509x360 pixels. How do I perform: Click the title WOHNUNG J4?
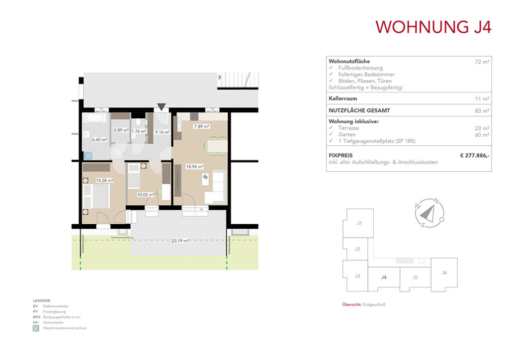(x=433, y=27)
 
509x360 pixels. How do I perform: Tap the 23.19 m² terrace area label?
(x=179, y=241)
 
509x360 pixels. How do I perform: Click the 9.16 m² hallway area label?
(x=163, y=132)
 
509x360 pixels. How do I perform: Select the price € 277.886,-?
(x=475, y=156)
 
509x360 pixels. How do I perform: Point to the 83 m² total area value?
(x=482, y=111)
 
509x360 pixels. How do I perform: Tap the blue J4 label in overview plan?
(x=383, y=277)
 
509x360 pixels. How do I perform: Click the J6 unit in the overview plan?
(x=444, y=272)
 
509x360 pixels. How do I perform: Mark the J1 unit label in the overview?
(x=359, y=223)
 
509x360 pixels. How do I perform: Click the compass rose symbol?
(x=427, y=213)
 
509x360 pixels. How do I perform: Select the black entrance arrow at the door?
(x=161, y=106)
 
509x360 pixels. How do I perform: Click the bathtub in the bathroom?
(x=94, y=120)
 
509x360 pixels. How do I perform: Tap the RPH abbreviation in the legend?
(x=36, y=317)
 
